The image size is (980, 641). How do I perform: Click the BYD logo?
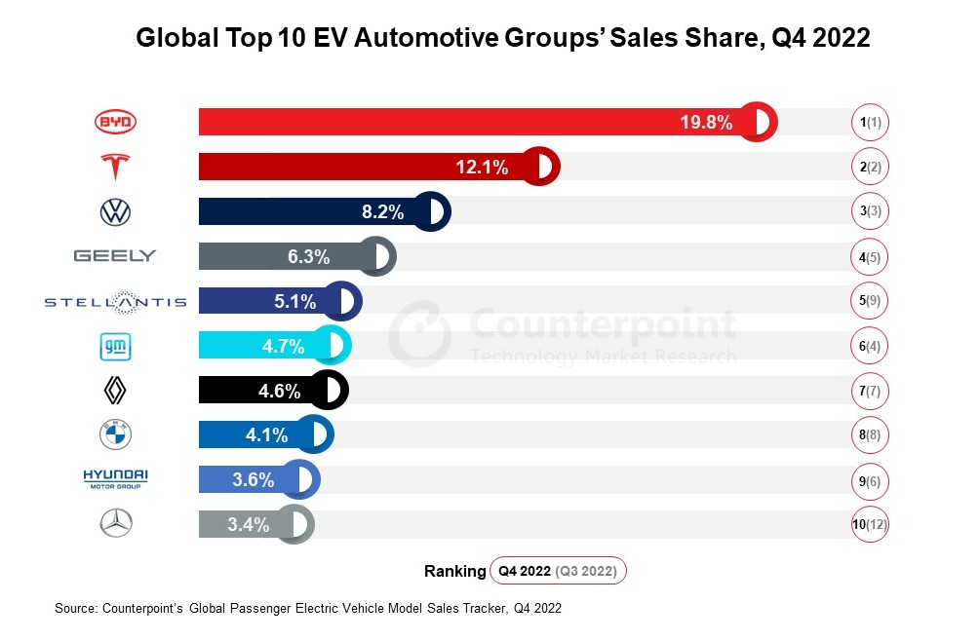pos(115,122)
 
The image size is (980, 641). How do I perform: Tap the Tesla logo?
pos(115,167)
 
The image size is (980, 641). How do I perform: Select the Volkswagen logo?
pos(115,211)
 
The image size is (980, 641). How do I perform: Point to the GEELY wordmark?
pos(115,256)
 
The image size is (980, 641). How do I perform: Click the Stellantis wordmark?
pos(115,302)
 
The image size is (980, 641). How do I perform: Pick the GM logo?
pos(115,346)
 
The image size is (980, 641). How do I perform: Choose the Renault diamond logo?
pos(115,391)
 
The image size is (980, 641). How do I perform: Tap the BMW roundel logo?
pos(115,435)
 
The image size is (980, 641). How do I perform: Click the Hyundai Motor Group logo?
pos(115,477)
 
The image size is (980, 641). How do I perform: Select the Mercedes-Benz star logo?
pos(115,524)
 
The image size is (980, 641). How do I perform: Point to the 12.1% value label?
pos(482,167)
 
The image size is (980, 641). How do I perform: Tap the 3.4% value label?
pos(248,525)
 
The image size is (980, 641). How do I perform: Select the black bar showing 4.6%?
pos(263,391)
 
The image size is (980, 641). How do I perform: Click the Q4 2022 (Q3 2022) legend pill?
pos(559,571)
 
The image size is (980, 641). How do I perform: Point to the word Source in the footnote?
pos(74,608)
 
